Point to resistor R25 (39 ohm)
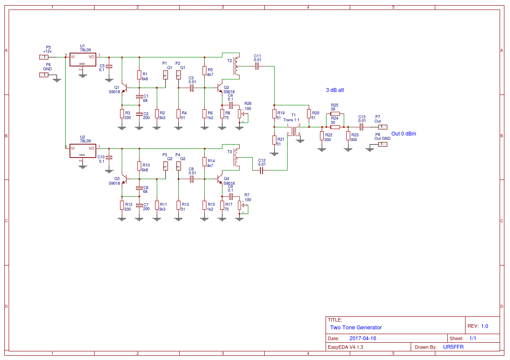(335, 114)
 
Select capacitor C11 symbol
(257, 66)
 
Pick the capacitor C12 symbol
(261, 170)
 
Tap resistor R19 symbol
(274, 114)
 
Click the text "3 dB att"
(335, 90)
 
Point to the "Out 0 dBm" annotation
(404, 134)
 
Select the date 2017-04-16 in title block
(363, 338)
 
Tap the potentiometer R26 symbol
(240, 114)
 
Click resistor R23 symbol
(348, 136)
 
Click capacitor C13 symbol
(361, 127)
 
